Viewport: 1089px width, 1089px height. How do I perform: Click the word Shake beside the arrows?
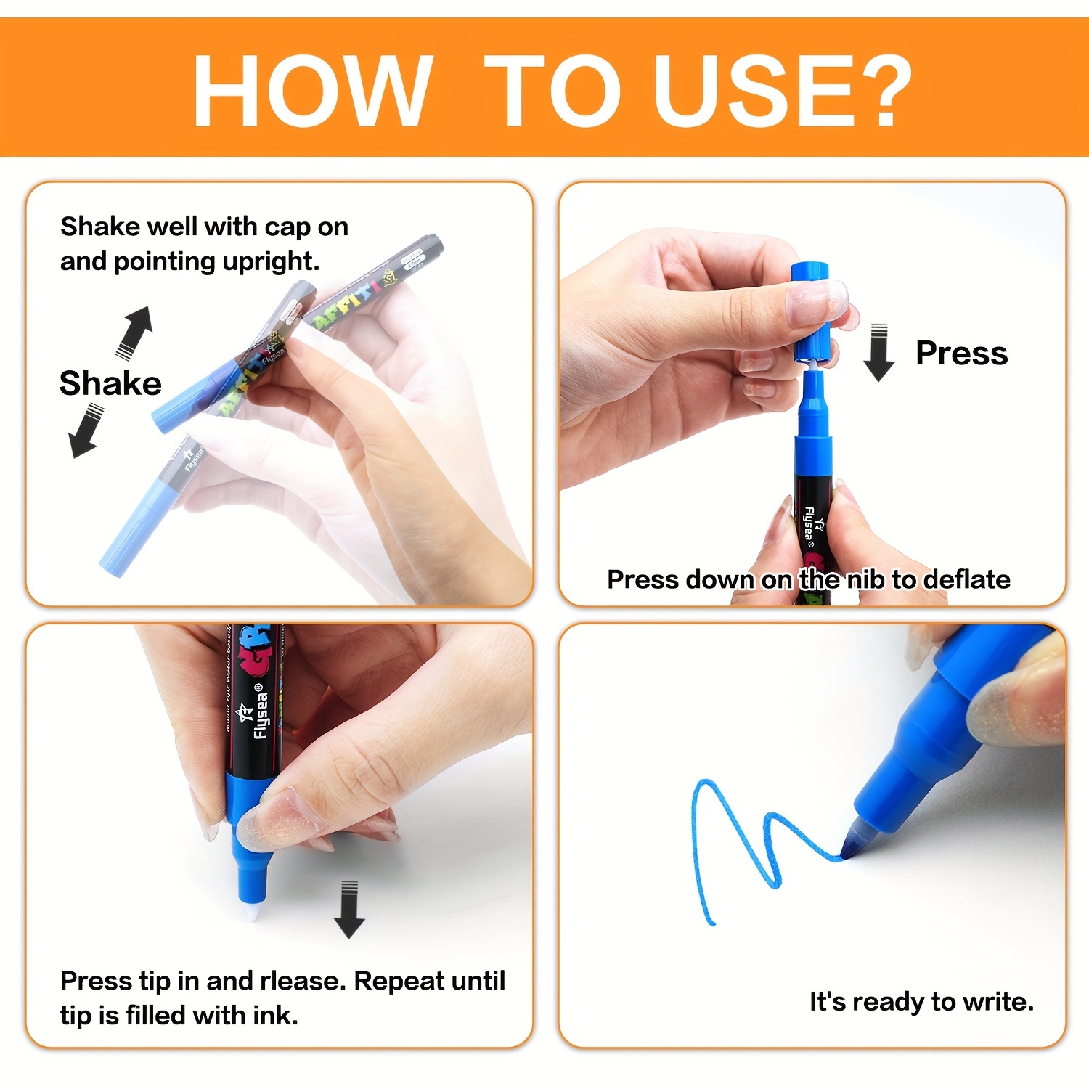click(x=110, y=383)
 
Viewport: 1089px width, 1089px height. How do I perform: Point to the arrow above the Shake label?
click(x=135, y=333)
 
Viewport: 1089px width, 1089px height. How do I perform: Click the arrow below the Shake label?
click(x=86, y=431)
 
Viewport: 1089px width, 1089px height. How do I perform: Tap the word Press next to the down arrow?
click(x=961, y=354)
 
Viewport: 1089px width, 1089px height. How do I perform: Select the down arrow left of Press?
click(x=878, y=353)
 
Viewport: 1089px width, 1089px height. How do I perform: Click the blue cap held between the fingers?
click(x=810, y=312)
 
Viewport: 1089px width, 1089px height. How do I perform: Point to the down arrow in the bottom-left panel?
click(x=349, y=910)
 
